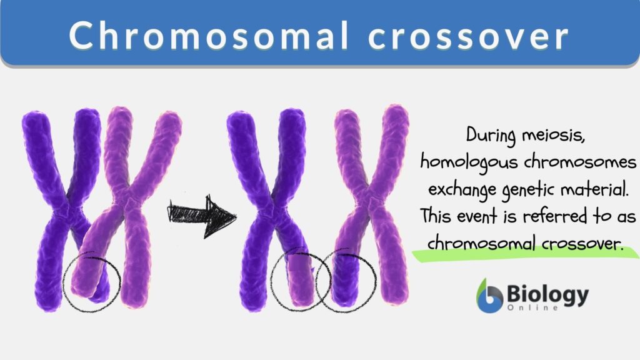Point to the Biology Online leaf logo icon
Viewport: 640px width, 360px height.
click(x=490, y=295)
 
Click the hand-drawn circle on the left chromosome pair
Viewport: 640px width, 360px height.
click(x=92, y=282)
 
